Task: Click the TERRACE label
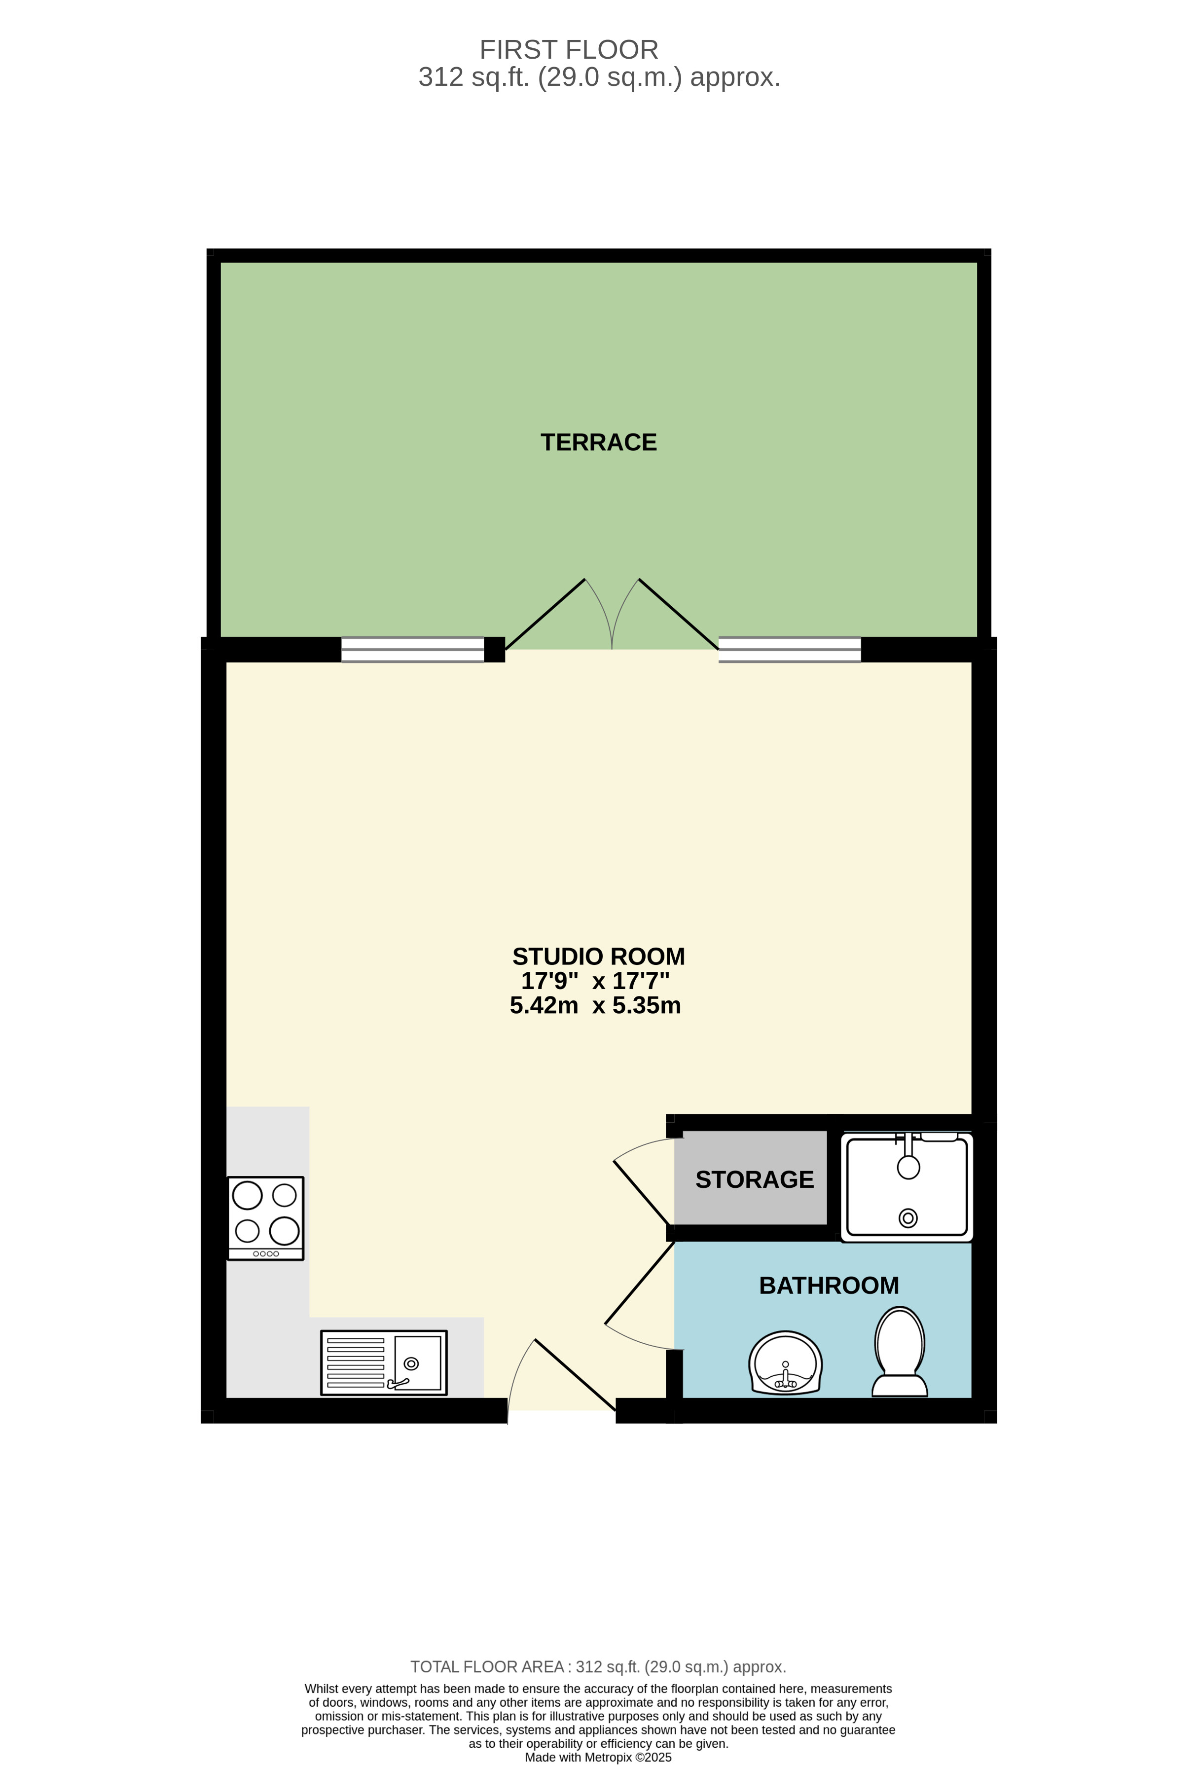pyautogui.click(x=599, y=442)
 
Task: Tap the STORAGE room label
pyautogui.click(x=754, y=1179)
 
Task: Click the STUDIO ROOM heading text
pyautogui.click(x=599, y=956)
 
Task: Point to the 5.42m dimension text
pyautogui.click(x=544, y=1005)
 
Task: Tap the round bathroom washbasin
pyautogui.click(x=785, y=1363)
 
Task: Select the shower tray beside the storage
pyautogui.click(x=907, y=1187)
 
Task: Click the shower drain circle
pyautogui.click(x=907, y=1218)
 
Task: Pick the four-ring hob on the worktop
pyautogui.click(x=266, y=1218)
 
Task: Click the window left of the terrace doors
pyautogui.click(x=412, y=649)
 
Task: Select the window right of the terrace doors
pyautogui.click(x=790, y=649)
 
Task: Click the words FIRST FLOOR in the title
pyautogui.click(x=569, y=50)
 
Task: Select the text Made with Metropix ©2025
pyautogui.click(x=599, y=1757)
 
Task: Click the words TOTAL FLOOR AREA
pyautogui.click(x=487, y=1666)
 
